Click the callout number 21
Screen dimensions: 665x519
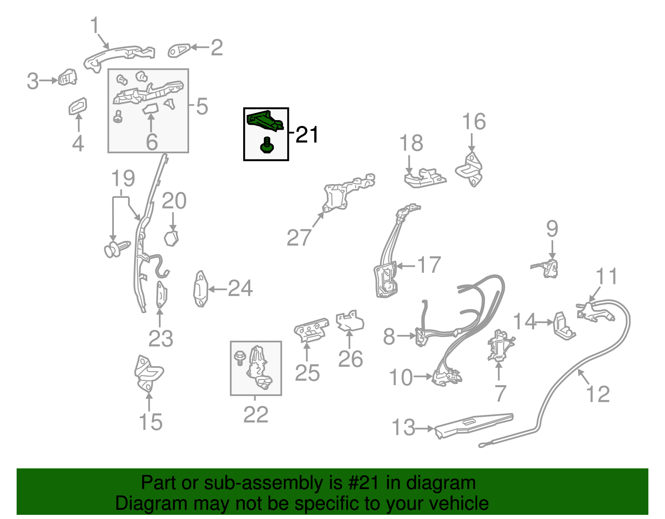pos(307,135)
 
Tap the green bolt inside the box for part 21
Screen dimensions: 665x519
pos(267,145)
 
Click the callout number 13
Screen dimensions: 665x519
pos(403,427)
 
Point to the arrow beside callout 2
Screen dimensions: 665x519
pos(200,47)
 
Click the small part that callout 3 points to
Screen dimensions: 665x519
pos(68,77)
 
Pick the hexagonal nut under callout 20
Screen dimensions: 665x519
pos(171,239)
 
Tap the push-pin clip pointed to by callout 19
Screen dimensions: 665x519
pos(117,249)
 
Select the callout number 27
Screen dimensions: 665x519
pos(299,238)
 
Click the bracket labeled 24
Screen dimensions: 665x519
pos(201,289)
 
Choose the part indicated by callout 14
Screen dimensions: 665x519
pos(564,326)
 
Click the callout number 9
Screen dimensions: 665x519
pos(552,229)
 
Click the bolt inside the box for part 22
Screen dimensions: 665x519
pos(240,358)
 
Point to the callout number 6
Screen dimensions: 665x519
pos(152,142)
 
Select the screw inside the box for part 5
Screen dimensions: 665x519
pos(118,116)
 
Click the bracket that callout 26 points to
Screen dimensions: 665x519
pos(350,320)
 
